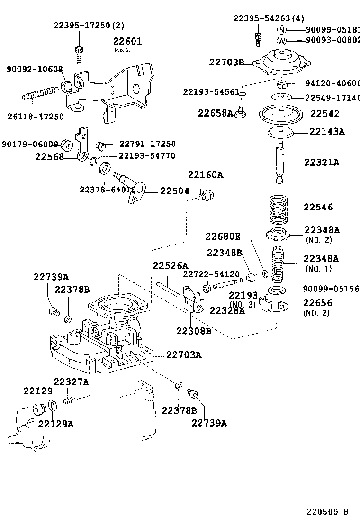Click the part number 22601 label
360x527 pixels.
[127, 42]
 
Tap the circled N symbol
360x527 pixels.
[282, 29]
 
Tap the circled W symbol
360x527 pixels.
[282, 40]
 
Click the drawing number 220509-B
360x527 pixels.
[327, 512]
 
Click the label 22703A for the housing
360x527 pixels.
[183, 354]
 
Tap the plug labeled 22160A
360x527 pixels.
[207, 195]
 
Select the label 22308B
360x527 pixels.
[193, 331]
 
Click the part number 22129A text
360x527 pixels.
[56, 424]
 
